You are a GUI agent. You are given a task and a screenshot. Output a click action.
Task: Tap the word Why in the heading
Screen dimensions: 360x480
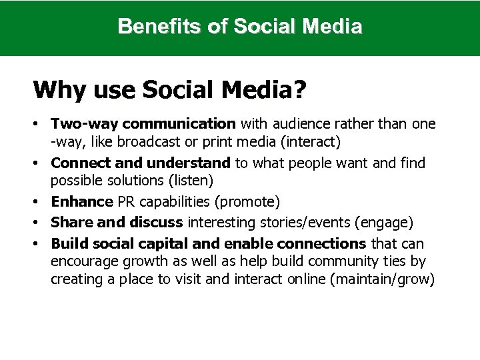tap(55, 89)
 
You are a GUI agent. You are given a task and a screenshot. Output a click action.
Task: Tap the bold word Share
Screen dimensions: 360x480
tap(71, 222)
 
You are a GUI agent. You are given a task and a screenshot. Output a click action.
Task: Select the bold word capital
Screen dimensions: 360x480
tap(159, 243)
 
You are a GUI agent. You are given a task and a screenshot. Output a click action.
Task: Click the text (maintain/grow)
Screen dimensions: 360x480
tap(382, 279)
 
